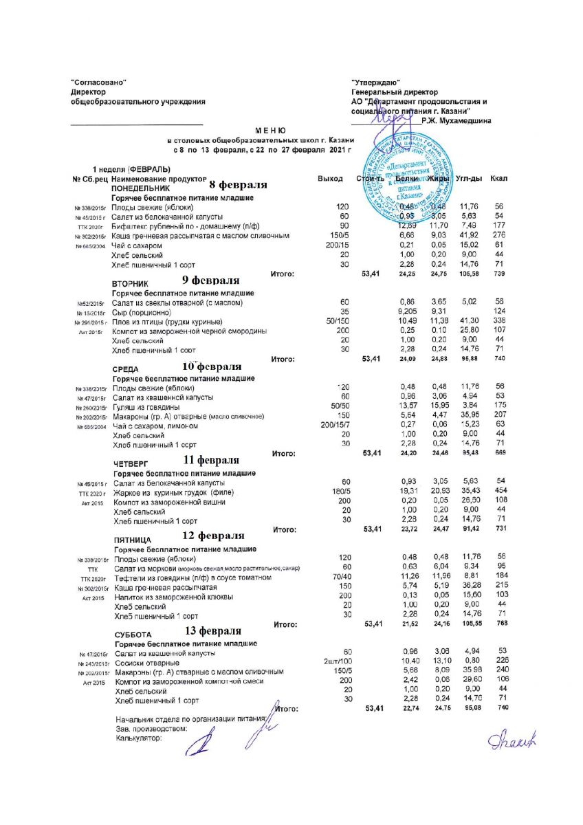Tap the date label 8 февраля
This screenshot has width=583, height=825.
pyautogui.click(x=238, y=186)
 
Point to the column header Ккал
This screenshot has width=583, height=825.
pyautogui.click(x=498, y=179)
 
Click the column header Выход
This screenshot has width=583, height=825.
pyautogui.click(x=330, y=179)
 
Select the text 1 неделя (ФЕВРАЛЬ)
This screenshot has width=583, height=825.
pyautogui.click(x=132, y=169)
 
